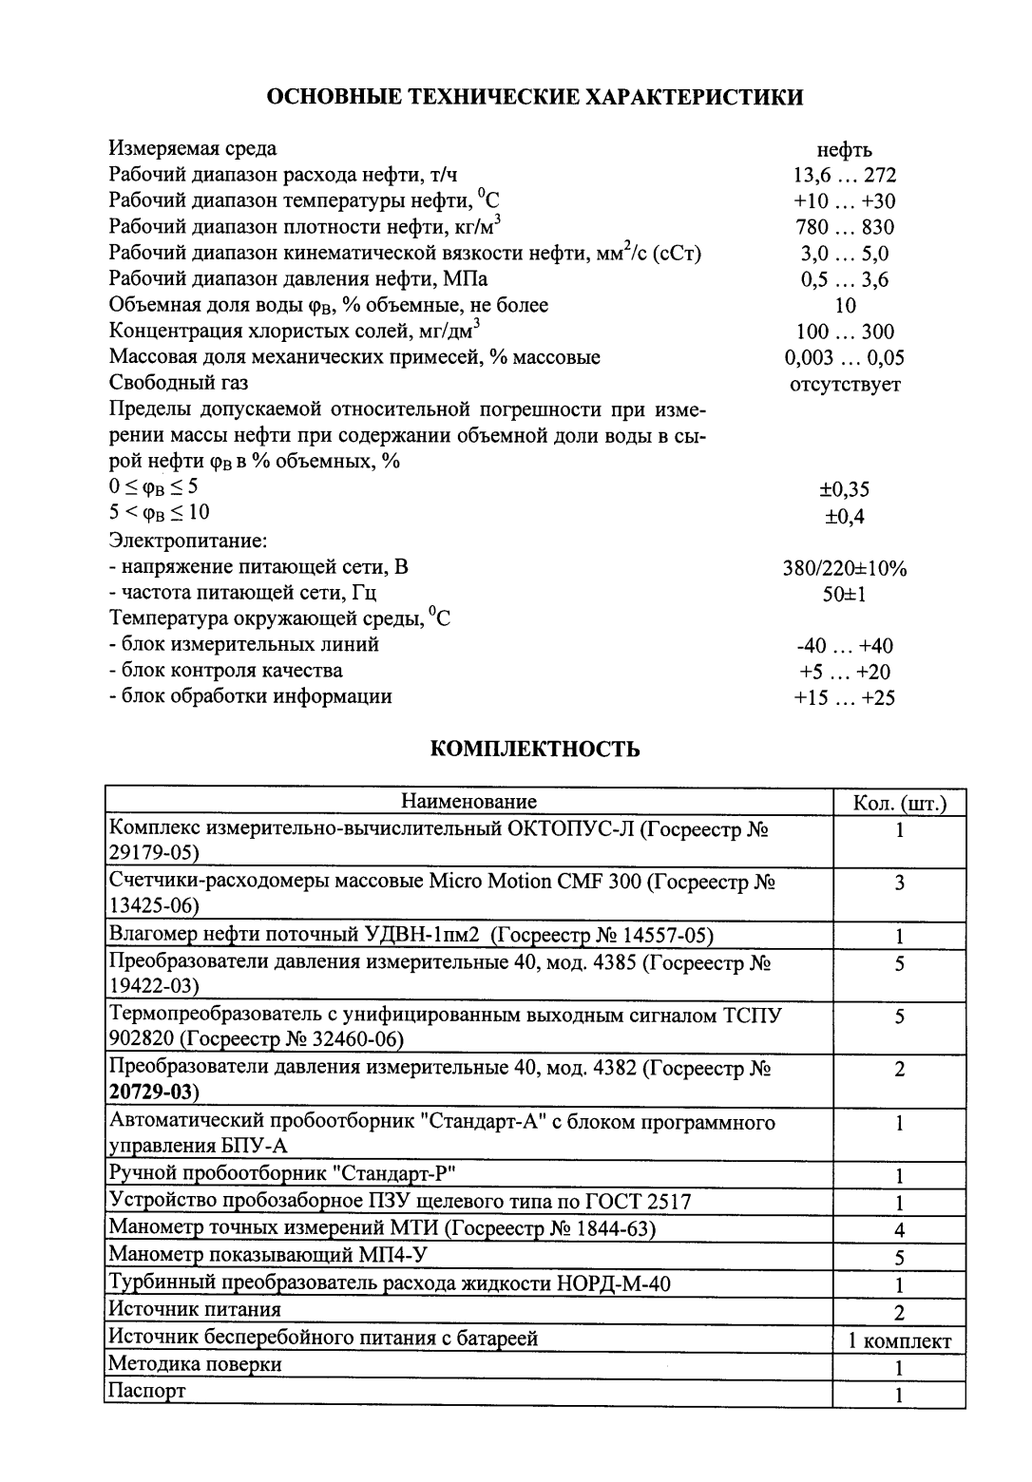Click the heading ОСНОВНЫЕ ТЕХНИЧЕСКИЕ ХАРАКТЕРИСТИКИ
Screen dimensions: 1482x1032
coord(534,97)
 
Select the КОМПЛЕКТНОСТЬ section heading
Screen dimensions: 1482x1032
coord(535,750)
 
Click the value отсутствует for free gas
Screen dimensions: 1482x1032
coord(845,384)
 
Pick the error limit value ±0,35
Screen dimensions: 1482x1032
coord(845,490)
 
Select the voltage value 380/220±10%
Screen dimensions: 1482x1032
coord(845,569)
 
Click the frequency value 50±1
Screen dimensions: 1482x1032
coord(845,595)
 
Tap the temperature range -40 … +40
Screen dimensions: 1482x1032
coord(845,646)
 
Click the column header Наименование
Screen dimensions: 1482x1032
coord(468,802)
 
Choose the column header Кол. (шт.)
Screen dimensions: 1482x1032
coord(899,804)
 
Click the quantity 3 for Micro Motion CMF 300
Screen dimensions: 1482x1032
coord(899,883)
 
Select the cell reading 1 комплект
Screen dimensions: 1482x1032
coord(899,1341)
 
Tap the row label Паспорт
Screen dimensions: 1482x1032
coord(147,1391)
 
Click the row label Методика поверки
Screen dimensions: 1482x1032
coord(195,1364)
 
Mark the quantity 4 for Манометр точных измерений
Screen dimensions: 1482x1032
coord(899,1231)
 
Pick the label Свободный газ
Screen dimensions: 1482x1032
coord(179,383)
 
